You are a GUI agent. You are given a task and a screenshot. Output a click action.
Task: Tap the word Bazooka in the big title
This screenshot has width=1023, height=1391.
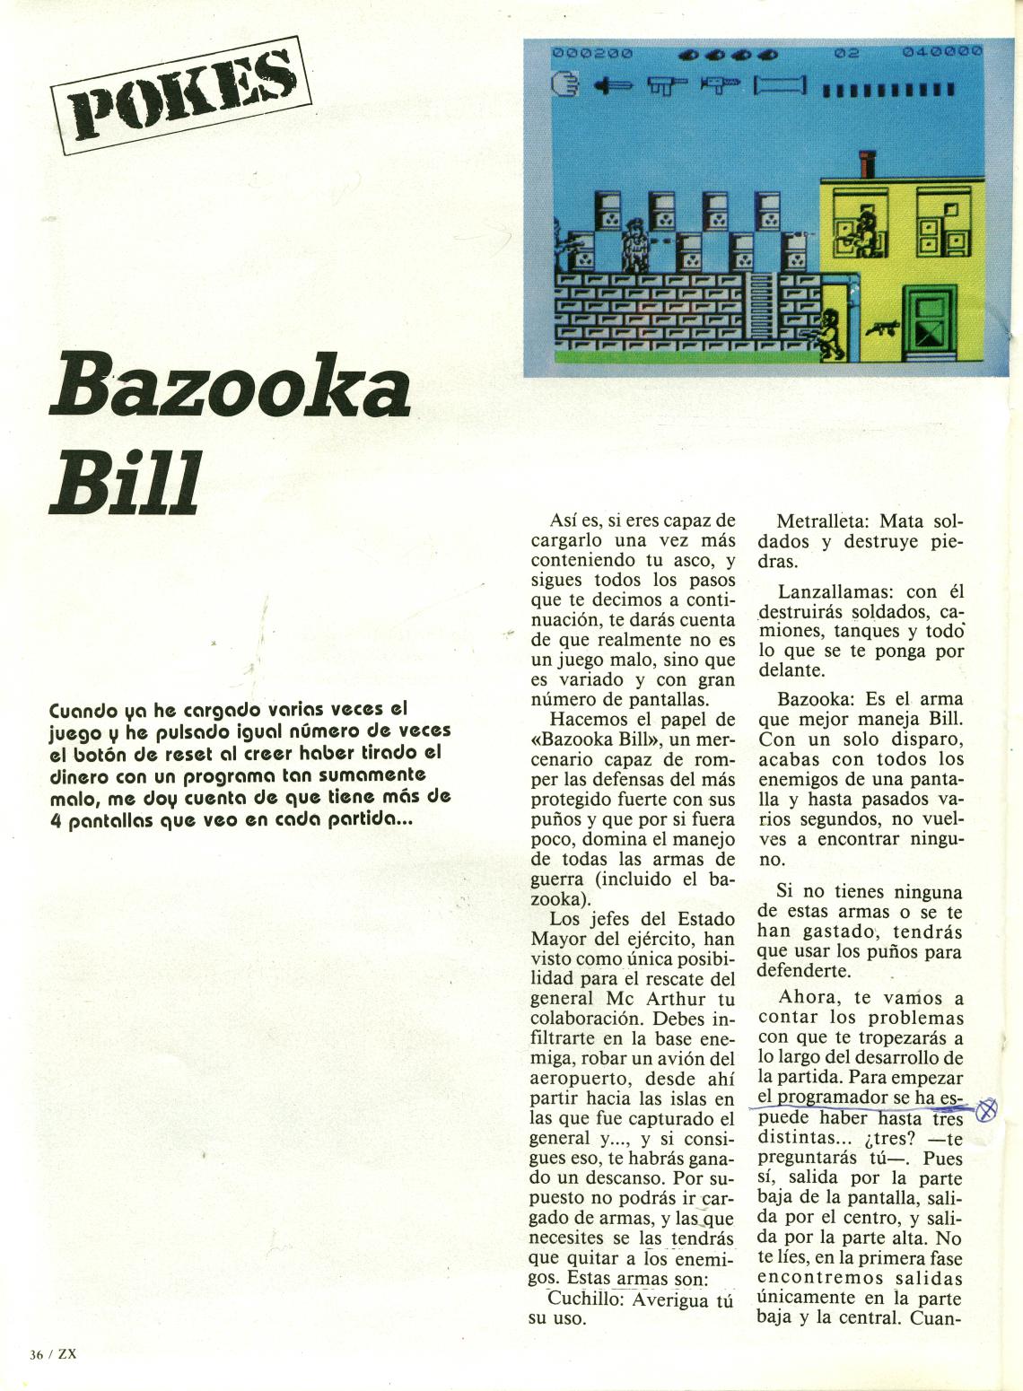coord(231,389)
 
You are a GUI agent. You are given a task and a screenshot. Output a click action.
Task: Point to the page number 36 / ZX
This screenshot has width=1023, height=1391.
coord(53,1354)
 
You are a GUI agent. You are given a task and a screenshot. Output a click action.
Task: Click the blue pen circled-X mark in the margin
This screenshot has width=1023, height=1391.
coord(986,1109)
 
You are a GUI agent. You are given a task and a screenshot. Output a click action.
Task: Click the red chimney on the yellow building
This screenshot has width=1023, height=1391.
coord(867,165)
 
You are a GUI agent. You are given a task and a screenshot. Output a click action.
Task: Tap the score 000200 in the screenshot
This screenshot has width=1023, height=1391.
coord(591,54)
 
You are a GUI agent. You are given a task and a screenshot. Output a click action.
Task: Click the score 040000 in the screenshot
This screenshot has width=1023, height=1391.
coord(942,54)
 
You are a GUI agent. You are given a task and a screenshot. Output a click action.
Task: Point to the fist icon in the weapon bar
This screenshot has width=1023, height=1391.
coord(565,85)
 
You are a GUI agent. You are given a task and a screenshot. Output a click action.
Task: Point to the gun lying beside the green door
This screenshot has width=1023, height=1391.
coord(882,329)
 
